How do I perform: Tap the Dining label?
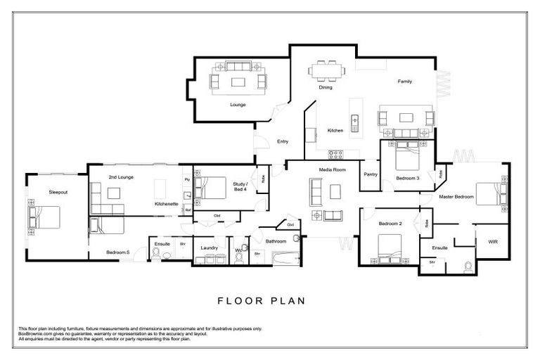326,88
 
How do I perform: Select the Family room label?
404,82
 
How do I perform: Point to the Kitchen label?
335,130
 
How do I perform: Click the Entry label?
283,141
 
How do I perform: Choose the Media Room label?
333,170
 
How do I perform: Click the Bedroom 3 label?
407,179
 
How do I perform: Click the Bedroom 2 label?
390,224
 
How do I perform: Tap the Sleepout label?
58,191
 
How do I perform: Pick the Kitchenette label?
167,204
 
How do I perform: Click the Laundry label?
208,248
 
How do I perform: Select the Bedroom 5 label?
118,252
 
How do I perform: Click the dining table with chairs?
326,70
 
